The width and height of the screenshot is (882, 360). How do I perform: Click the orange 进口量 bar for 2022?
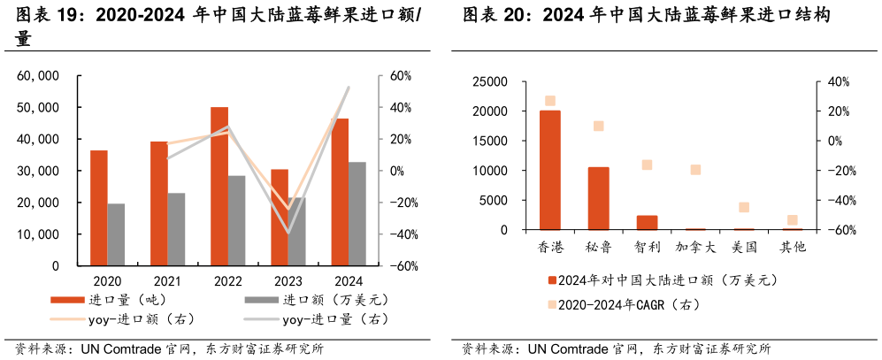tap(219, 186)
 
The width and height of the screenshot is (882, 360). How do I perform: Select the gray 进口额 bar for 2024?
tap(357, 213)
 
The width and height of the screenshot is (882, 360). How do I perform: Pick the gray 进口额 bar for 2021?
tap(176, 229)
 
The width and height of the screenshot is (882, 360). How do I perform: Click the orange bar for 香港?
tap(549, 170)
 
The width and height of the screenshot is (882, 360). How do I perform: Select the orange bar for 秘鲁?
tap(599, 198)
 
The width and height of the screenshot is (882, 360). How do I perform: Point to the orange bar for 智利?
tap(647, 222)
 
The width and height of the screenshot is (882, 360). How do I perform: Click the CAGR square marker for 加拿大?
tap(695, 170)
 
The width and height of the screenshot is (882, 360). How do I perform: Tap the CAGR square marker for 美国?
tap(744, 208)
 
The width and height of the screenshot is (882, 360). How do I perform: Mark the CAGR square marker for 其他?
tap(793, 220)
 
